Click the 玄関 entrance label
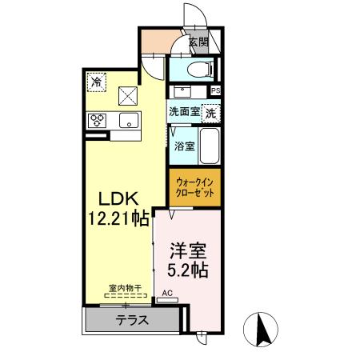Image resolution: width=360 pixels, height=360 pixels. click(198, 42)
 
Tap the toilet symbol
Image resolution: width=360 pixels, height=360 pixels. click(201, 70)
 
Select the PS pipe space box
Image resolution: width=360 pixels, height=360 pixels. click(216, 90)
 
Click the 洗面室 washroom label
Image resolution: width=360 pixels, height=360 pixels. click(184, 111)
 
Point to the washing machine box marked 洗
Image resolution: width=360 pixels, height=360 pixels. click(210, 114)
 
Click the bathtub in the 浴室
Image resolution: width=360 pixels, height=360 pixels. click(210, 146)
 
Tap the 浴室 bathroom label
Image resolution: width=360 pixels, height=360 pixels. click(184, 146)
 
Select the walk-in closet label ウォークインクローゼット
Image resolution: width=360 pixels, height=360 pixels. click(195, 187)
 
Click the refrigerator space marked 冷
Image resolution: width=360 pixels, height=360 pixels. click(97, 82)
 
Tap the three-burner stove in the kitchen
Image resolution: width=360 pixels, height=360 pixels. click(97, 121)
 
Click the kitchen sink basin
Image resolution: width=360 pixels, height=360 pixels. click(129, 120)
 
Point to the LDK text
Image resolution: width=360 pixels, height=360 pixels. click(118, 198)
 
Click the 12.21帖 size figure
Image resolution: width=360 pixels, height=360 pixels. click(118, 218)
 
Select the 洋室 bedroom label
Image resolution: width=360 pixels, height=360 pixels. click(188, 250)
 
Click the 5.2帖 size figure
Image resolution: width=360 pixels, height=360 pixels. click(188, 270)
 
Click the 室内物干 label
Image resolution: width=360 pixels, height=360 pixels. click(125, 288)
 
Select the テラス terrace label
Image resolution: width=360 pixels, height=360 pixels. click(132, 320)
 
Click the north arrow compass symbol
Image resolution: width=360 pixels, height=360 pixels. click(261, 330)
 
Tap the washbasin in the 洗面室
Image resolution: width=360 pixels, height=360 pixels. click(182, 92)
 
